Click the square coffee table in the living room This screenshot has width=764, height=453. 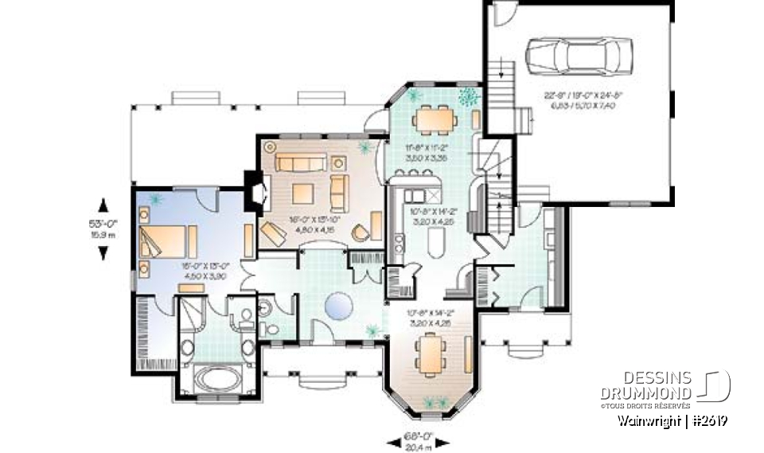(x=302, y=193)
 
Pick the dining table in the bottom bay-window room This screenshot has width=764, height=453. (x=429, y=353)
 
